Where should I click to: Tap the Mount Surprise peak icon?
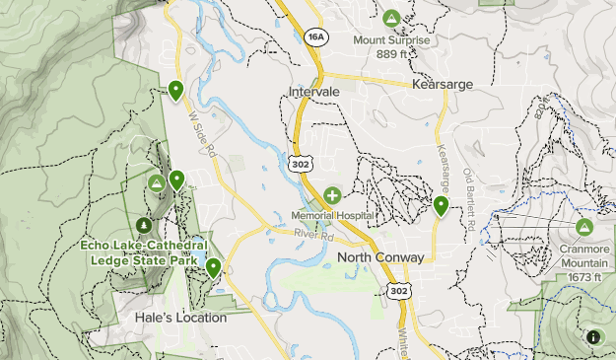point(391,19)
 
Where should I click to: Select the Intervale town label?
point(314,92)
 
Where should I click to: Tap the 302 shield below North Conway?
point(397,291)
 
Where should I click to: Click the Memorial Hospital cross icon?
point(332,196)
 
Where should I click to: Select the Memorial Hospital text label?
point(332,215)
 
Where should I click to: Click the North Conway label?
point(380,257)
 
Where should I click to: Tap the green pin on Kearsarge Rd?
point(441,205)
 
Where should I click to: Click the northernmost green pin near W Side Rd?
point(176,91)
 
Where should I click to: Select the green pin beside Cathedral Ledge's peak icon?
point(176,180)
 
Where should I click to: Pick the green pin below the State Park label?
point(213,267)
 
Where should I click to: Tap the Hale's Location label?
point(180,318)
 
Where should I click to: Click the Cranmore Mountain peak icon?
point(584,228)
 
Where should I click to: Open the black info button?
point(593,337)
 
